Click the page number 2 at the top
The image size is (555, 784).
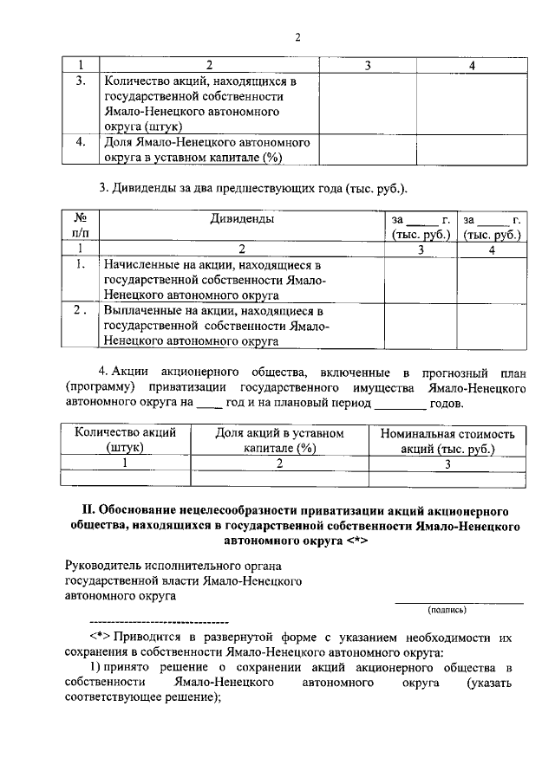(297, 36)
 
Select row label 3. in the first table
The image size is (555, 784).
(80, 81)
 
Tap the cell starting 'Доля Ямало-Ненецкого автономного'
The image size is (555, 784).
(207, 149)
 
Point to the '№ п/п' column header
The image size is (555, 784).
(80, 226)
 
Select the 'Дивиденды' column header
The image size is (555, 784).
(242, 219)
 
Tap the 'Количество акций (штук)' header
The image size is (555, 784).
(126, 440)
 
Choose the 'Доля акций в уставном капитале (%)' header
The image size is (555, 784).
(279, 440)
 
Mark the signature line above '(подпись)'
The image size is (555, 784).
(459, 602)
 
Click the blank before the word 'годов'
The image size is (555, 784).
(401, 404)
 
